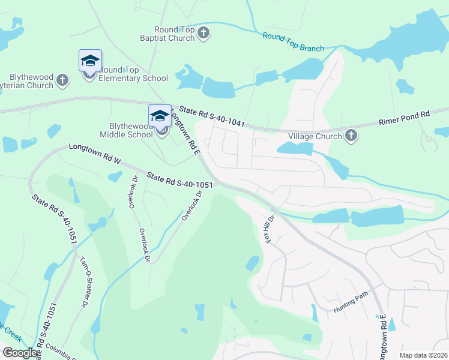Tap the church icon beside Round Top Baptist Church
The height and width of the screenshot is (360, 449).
point(203,33)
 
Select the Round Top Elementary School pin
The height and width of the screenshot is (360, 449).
point(90,62)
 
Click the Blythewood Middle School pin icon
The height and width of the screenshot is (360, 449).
point(160,116)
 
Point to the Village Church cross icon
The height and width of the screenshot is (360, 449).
point(351,136)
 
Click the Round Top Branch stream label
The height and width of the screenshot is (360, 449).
point(293,42)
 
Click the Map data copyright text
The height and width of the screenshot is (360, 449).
point(424,355)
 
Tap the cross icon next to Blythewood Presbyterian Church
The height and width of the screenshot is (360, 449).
point(62,79)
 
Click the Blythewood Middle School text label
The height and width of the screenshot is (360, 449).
point(122,130)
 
